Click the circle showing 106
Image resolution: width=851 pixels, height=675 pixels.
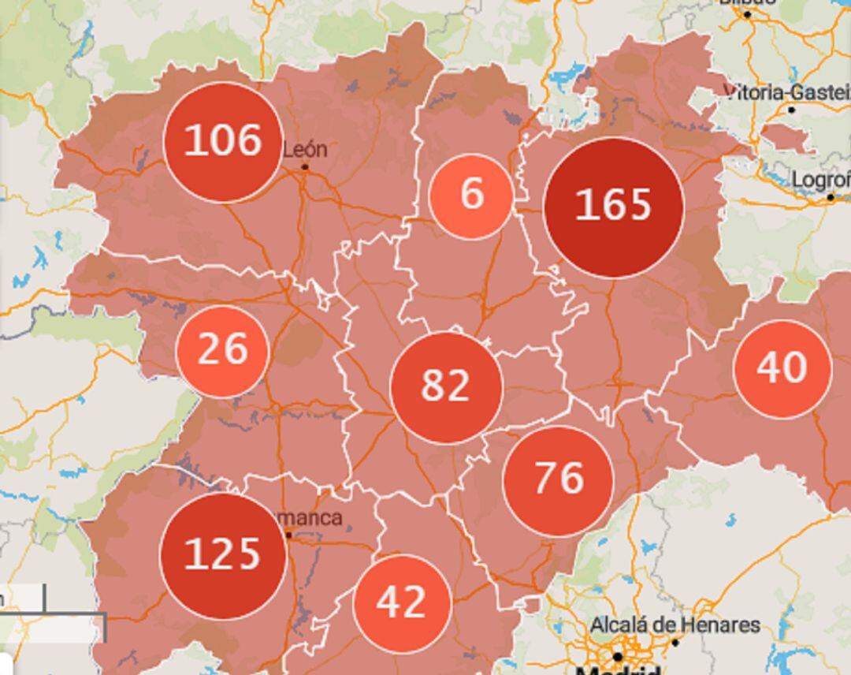click(x=223, y=142)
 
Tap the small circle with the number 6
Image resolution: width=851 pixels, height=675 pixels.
click(x=471, y=196)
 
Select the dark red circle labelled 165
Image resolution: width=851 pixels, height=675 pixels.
click(x=613, y=207)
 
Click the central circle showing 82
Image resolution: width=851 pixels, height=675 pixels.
click(x=446, y=386)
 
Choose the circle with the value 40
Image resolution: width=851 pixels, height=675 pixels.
click(x=782, y=368)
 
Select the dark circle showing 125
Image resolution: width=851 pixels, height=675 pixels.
click(x=222, y=555)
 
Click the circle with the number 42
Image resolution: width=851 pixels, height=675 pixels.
click(x=402, y=603)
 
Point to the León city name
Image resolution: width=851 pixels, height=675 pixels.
click(x=304, y=149)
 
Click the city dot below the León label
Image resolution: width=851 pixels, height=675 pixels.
click(x=305, y=167)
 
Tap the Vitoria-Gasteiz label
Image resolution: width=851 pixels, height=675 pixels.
click(x=786, y=92)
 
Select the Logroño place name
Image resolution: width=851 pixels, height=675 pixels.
click(x=820, y=180)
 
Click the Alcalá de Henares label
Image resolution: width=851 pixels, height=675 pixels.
click(x=674, y=625)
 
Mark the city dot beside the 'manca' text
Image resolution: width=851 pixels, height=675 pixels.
click(x=288, y=535)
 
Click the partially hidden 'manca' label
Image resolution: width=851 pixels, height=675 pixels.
click(x=312, y=518)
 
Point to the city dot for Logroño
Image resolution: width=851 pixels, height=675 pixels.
click(x=830, y=197)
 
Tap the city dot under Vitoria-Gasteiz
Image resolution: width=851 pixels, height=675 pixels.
click(x=792, y=110)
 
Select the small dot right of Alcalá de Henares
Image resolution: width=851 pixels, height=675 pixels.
click(x=674, y=643)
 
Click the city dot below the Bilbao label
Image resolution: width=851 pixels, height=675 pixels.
click(x=747, y=14)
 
